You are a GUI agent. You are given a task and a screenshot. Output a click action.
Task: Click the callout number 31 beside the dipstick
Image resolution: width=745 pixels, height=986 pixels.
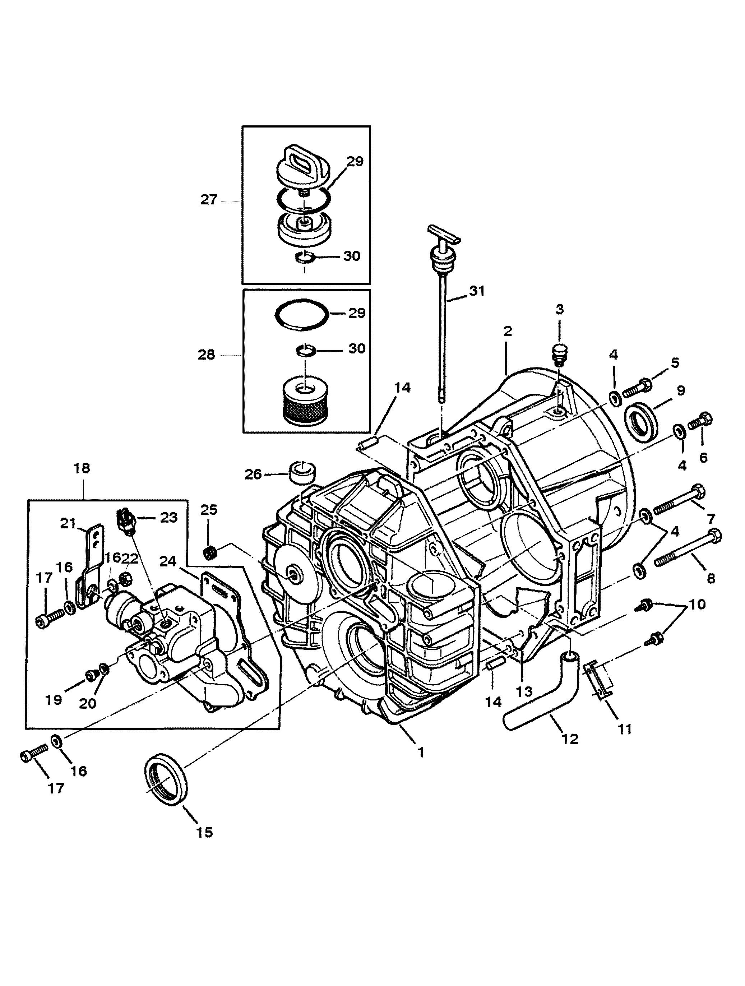[476, 291]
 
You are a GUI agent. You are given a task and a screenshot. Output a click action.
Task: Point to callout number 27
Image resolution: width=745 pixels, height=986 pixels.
[208, 200]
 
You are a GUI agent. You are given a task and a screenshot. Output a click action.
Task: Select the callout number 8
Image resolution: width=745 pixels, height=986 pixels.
[711, 578]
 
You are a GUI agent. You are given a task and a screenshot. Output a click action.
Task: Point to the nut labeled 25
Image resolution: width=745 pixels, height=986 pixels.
[209, 553]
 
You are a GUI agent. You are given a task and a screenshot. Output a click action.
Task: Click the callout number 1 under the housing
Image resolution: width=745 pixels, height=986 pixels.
[420, 753]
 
